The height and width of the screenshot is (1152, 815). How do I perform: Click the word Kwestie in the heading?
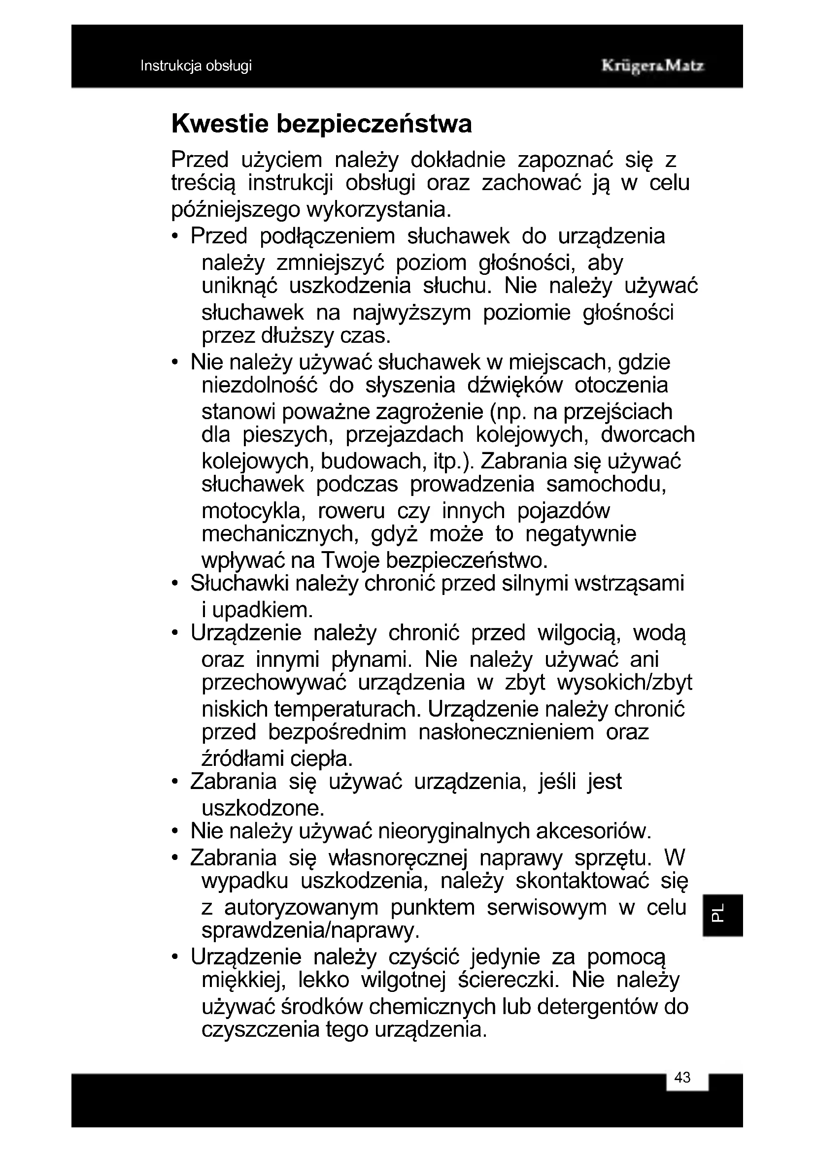click(220, 124)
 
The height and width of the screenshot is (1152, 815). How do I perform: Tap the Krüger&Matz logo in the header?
click(652, 66)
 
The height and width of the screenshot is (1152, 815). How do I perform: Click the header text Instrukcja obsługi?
click(196, 66)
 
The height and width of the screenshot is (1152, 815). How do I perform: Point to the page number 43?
click(682, 1077)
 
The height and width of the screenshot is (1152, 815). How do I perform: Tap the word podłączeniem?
click(327, 236)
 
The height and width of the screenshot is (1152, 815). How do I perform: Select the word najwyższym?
click(411, 313)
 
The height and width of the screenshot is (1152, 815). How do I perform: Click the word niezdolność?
click(260, 385)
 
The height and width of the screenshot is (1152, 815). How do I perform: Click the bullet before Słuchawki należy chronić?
click(174, 584)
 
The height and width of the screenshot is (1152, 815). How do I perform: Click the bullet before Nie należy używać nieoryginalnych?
click(174, 831)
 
